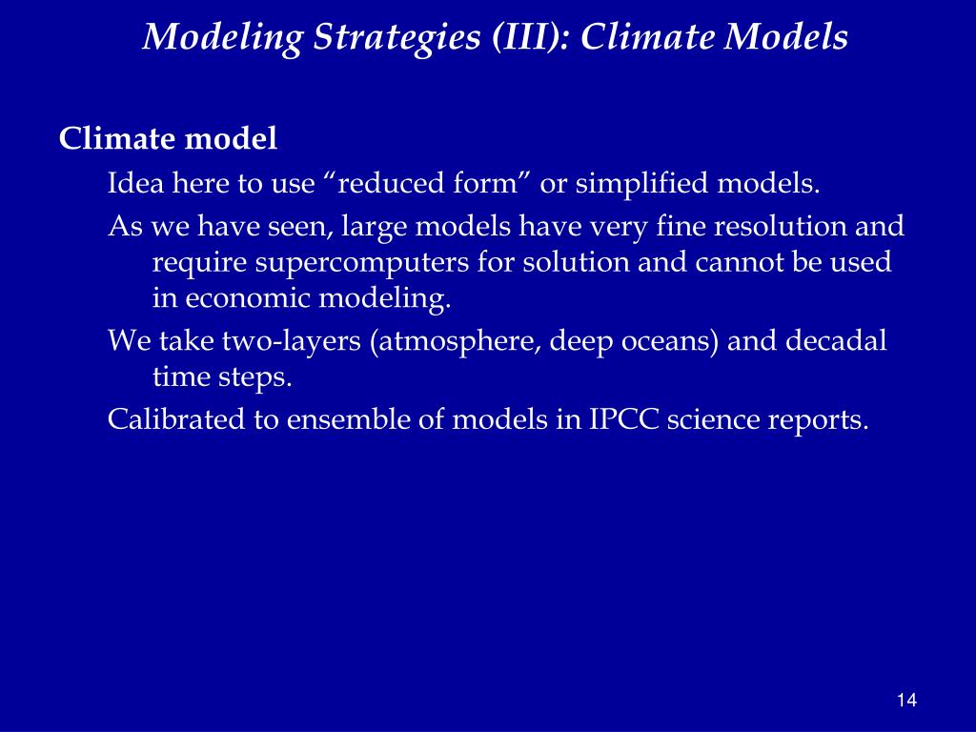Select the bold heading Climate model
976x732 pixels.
[x=168, y=139]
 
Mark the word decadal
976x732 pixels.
[x=836, y=341]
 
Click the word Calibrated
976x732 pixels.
[x=176, y=419]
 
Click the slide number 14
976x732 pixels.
[x=906, y=701]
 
